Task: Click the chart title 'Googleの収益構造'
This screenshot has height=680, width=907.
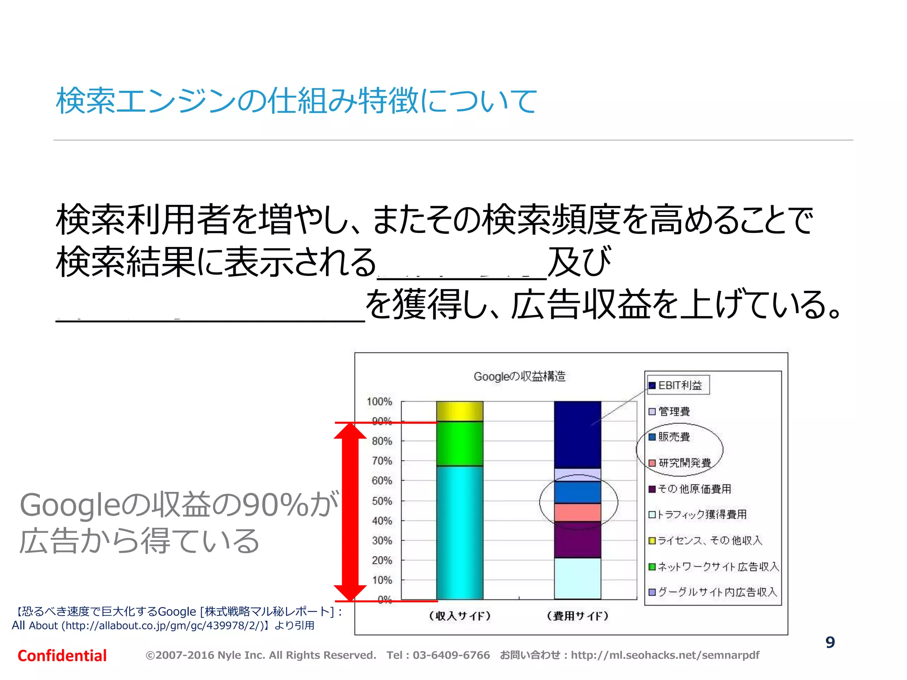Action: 519,376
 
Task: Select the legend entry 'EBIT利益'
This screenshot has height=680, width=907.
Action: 679,385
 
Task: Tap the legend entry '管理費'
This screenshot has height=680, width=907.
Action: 674,411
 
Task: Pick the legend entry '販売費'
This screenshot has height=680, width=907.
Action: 674,437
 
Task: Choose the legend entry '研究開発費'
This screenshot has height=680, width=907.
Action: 684,463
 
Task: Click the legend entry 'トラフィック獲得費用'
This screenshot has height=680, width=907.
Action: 702,514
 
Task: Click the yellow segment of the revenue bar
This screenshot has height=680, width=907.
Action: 460,411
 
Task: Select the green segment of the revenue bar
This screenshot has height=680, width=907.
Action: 460,443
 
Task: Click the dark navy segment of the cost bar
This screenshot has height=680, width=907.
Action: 578,434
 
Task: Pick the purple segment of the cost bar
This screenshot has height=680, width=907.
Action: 578,539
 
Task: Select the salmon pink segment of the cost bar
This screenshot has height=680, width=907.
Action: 578,512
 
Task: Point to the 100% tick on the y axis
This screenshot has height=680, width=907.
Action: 380,402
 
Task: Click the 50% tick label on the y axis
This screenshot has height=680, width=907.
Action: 382,501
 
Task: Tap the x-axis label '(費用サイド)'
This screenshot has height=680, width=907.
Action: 578,616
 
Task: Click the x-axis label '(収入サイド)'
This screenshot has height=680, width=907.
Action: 460,616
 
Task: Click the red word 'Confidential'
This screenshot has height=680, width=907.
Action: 62,656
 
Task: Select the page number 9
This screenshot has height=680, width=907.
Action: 830,642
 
